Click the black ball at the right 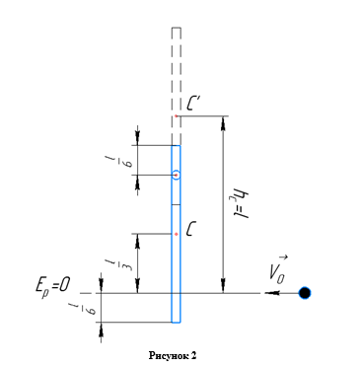pyautogui.click(x=305, y=293)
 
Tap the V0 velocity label pyautogui.click(x=278, y=270)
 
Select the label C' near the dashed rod pyautogui.click(x=194, y=103)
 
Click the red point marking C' pyautogui.click(x=177, y=116)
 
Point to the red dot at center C pyautogui.click(x=177, y=234)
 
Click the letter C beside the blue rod pyautogui.click(x=190, y=229)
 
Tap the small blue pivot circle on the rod pyautogui.click(x=177, y=175)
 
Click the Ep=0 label pyautogui.click(x=52, y=286)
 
